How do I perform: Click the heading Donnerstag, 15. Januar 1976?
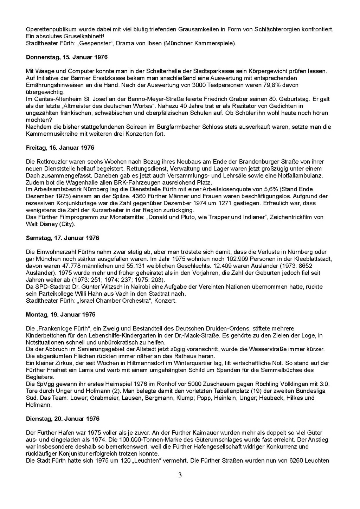tap(67, 57)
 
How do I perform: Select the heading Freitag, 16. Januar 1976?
tap(60, 148)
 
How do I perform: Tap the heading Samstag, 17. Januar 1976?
tap(63, 238)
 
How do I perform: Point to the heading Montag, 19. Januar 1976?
tap(61, 315)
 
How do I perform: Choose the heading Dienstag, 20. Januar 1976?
tap(63, 419)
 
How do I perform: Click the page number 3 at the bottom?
tap(180, 476)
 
